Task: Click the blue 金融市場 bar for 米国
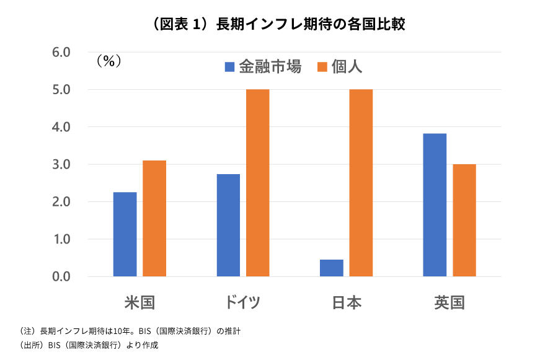point(125,234)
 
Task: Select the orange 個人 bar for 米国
point(154,218)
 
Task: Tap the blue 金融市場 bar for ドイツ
point(228,225)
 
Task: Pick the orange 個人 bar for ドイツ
point(258,183)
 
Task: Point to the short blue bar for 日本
point(332,268)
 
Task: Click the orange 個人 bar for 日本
point(361,183)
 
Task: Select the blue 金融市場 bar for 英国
point(435,205)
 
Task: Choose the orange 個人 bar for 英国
point(464,220)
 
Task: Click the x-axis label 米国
point(139,303)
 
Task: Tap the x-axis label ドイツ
point(242,303)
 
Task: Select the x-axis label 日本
point(346,303)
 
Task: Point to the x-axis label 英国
point(449,303)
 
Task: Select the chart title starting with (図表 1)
point(278,24)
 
